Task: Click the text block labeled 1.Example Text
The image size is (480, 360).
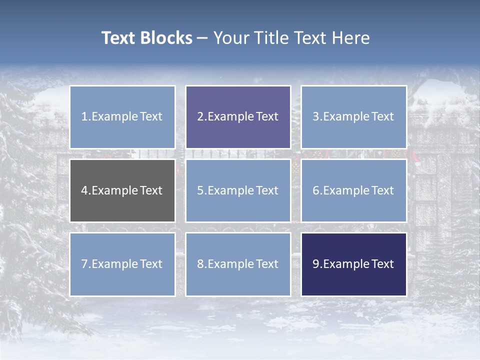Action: [122, 117]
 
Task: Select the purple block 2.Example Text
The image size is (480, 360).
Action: [238, 117]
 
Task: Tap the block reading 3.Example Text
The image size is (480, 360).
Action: [353, 117]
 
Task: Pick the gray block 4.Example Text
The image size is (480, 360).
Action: [122, 190]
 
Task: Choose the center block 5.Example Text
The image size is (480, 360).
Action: [238, 190]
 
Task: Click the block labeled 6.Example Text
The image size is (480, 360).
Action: [353, 190]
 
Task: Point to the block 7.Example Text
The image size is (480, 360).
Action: [122, 264]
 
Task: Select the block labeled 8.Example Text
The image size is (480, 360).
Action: [238, 264]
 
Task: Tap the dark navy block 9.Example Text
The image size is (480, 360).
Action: [353, 264]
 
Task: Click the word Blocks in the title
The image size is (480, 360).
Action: [166, 38]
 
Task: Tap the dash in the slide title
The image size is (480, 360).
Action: [202, 38]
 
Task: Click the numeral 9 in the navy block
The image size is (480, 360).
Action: [315, 264]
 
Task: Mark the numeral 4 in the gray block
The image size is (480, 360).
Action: [84, 190]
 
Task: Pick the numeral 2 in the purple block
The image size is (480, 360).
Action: [200, 117]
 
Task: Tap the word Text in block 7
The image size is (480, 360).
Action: [151, 264]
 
